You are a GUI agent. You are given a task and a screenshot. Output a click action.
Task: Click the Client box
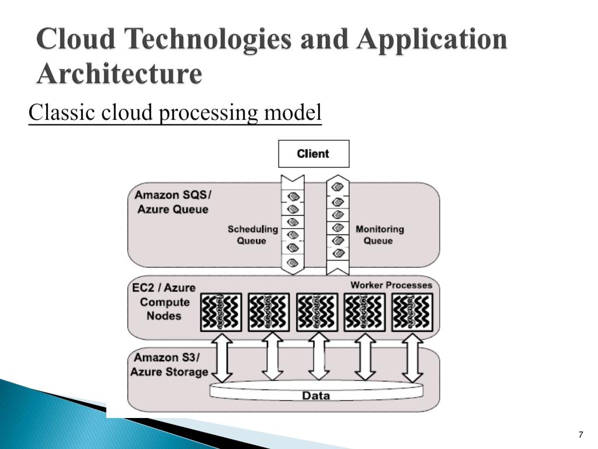tap(314, 154)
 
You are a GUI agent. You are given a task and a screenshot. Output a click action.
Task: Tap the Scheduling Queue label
tap(252, 235)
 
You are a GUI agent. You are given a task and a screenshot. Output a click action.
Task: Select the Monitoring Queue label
tap(380, 235)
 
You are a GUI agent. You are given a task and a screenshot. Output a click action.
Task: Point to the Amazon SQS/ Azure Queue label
tap(173, 202)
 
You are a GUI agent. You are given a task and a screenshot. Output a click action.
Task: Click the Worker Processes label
tap(391, 285)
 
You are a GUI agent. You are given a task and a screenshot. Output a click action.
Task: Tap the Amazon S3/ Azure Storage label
tap(169, 365)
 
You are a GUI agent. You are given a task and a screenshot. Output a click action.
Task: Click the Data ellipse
tap(316, 395)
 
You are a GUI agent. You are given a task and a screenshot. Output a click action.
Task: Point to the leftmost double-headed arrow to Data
tap(224, 356)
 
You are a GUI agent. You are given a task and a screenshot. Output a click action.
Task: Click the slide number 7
tap(580, 434)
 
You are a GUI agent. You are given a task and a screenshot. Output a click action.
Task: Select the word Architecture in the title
tap(119, 74)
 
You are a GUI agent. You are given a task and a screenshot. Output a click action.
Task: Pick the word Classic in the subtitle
tap(62, 112)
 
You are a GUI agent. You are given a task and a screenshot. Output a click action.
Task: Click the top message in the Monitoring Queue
tap(337, 186)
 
